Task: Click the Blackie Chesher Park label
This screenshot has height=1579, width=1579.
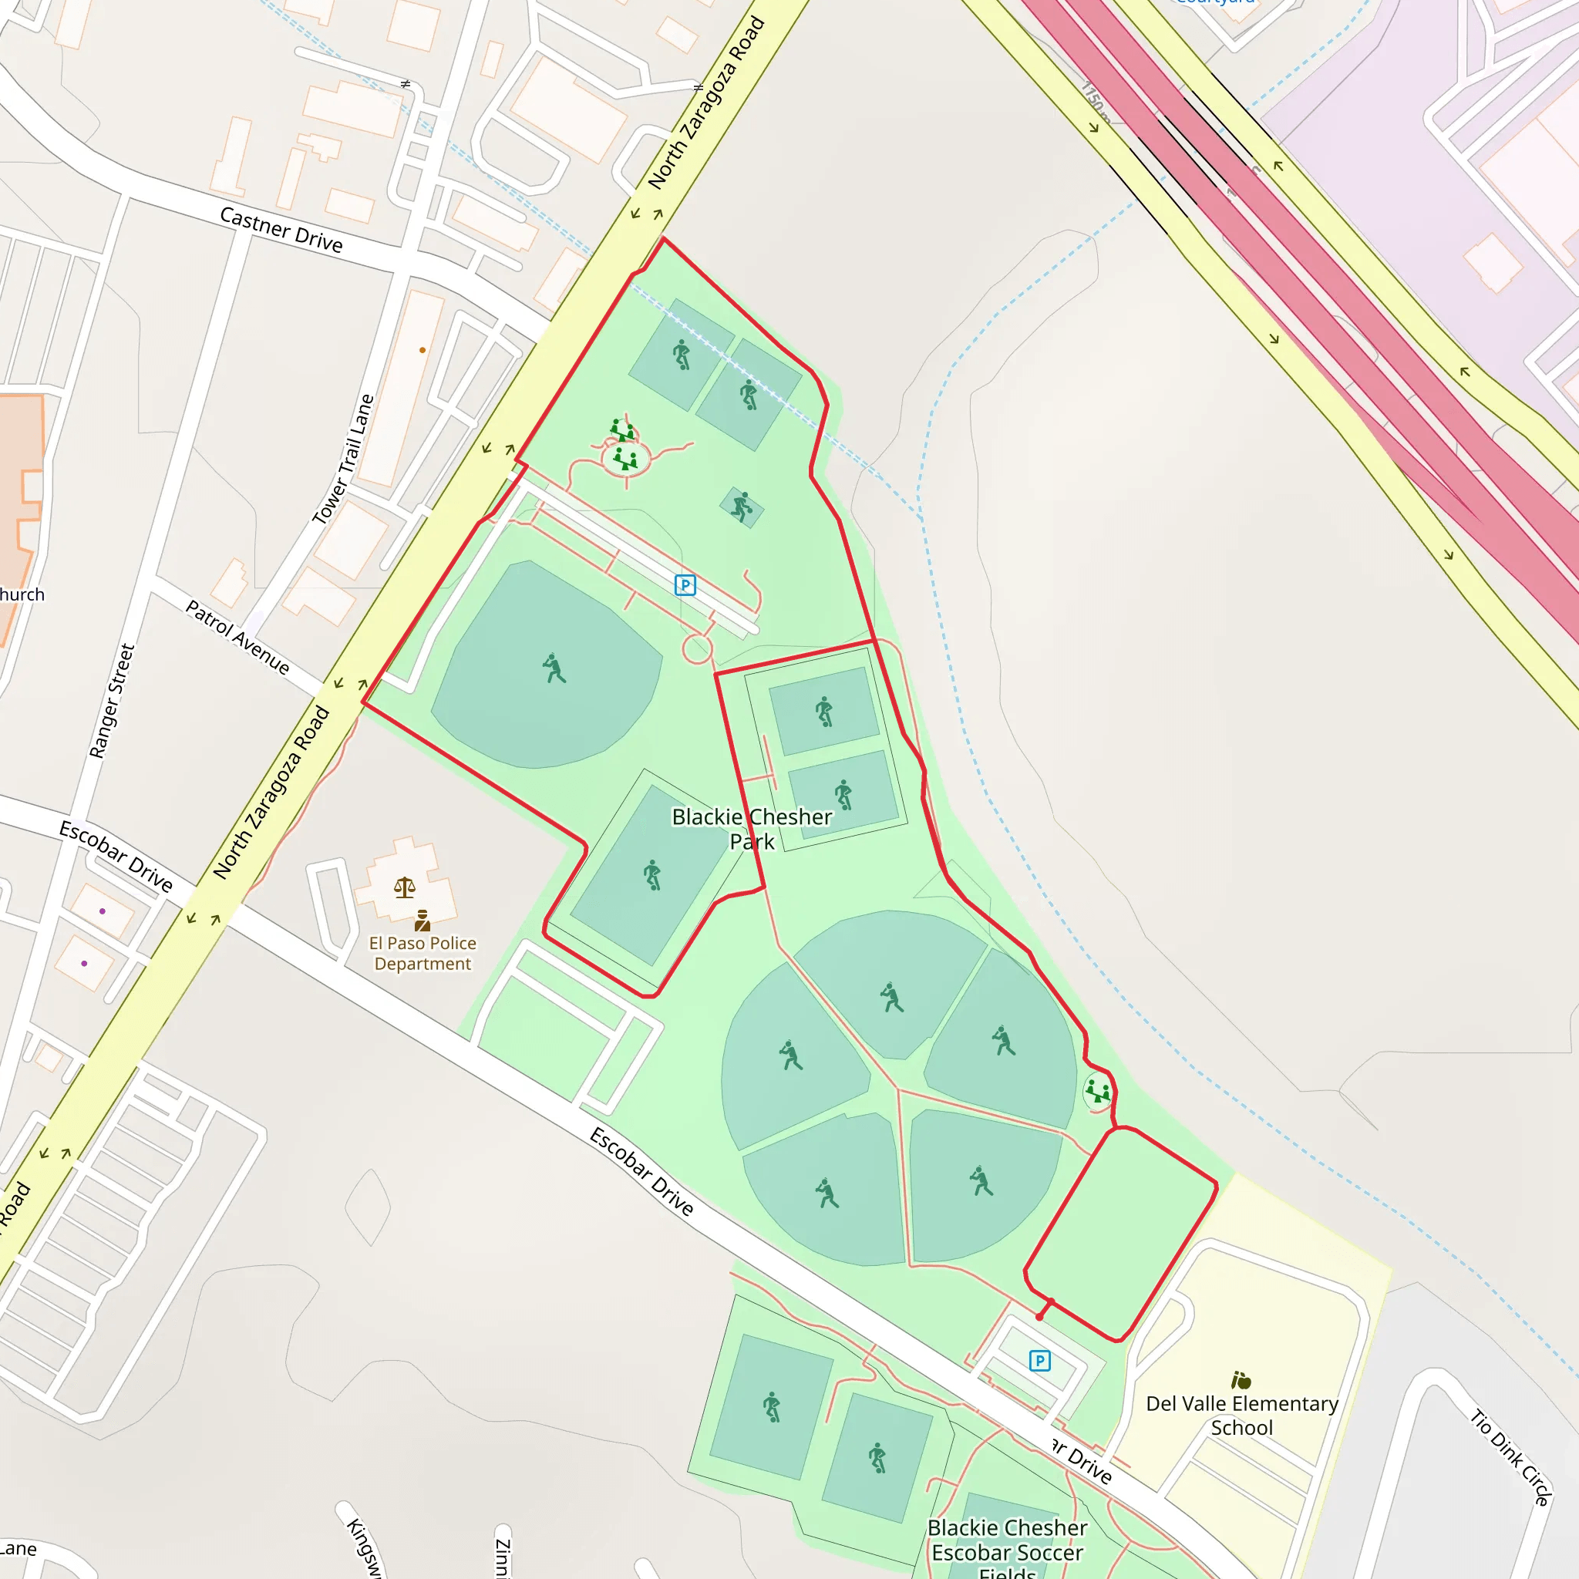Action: pyautogui.click(x=751, y=829)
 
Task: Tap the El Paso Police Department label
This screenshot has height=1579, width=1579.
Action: pyautogui.click(x=423, y=953)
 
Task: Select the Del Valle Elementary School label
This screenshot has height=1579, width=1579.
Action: pyautogui.click(x=1241, y=1416)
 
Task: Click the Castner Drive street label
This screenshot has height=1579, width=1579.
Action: pyautogui.click(x=281, y=230)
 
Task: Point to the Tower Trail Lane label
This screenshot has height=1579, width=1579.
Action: pyautogui.click(x=343, y=459)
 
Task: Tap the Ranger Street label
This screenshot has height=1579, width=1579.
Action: pyautogui.click(x=112, y=702)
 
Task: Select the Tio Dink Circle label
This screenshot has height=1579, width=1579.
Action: pyautogui.click(x=1510, y=1457)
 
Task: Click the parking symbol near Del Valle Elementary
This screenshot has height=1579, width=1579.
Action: pyautogui.click(x=1039, y=1360)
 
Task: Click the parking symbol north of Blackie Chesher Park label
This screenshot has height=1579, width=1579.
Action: pyautogui.click(x=685, y=585)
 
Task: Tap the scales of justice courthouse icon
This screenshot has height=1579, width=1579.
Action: pyautogui.click(x=405, y=887)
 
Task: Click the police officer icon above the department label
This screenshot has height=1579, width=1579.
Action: pyautogui.click(x=423, y=921)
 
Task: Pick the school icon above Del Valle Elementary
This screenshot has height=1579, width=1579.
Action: pyautogui.click(x=1241, y=1380)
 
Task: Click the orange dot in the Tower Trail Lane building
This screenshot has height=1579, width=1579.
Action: pyautogui.click(x=423, y=350)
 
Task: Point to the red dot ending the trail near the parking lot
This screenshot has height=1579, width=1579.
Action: pyautogui.click(x=1039, y=1317)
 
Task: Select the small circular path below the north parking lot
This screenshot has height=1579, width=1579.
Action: pyautogui.click(x=697, y=650)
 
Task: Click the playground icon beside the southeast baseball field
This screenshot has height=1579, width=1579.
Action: pyautogui.click(x=1098, y=1091)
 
